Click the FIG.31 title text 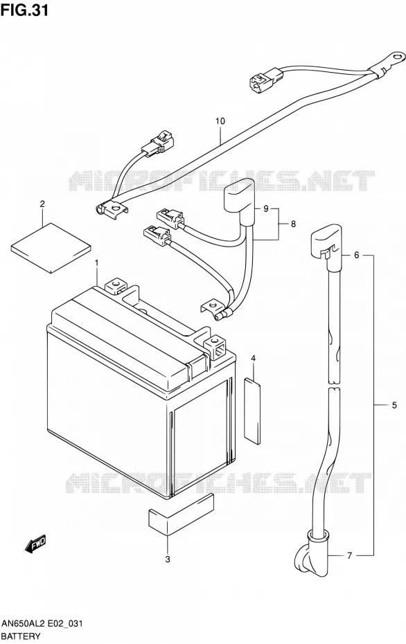point(25,10)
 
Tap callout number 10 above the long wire point(220,121)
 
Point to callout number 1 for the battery point(96,262)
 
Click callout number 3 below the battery point(168,559)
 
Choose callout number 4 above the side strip point(254,359)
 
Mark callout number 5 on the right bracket point(394,405)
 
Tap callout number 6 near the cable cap point(356,255)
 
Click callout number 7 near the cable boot point(349,555)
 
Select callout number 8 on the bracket point(293,224)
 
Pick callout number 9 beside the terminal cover point(266,209)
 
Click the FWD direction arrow point(35,543)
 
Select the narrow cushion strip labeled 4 point(252,411)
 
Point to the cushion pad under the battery point(181,515)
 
